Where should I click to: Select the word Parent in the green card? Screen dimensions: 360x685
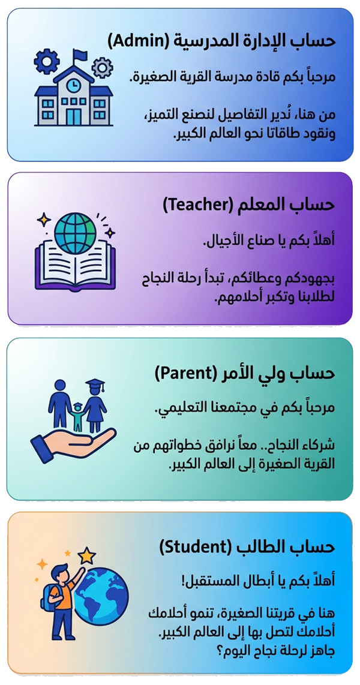click(185, 374)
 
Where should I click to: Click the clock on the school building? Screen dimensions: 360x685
click(72, 86)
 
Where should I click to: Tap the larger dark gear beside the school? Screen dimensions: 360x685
click(47, 62)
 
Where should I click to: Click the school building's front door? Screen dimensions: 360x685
click(74, 116)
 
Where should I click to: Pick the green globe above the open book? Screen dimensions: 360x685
click(75, 235)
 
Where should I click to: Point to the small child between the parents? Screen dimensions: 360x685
click(78, 415)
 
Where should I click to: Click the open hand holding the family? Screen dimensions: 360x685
click(73, 441)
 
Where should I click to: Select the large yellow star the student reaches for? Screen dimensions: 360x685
click(86, 557)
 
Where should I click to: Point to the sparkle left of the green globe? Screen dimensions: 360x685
click(44, 220)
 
